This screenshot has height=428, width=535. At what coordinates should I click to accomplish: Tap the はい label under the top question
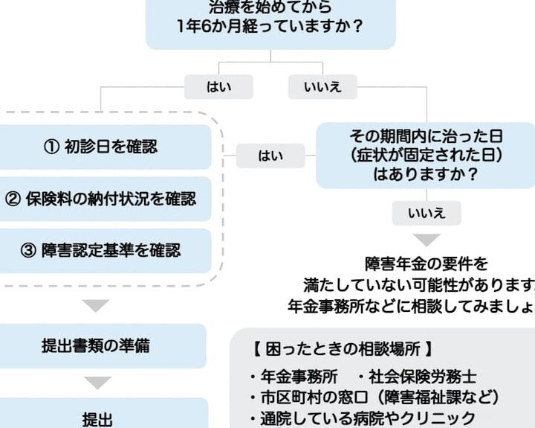(x=218, y=87)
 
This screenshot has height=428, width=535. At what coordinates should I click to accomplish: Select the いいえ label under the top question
(x=322, y=87)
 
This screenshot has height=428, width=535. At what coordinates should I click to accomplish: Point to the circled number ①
(x=51, y=147)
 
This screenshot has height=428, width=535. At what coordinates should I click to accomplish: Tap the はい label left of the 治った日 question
(x=270, y=156)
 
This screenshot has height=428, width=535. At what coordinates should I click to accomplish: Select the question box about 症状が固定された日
(x=426, y=156)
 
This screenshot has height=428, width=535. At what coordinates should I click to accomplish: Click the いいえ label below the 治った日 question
(x=427, y=214)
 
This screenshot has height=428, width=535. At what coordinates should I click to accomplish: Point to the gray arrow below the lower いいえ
(x=427, y=240)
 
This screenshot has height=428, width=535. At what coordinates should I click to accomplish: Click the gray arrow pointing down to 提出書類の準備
(x=97, y=305)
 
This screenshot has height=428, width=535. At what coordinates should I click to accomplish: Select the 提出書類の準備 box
(x=97, y=346)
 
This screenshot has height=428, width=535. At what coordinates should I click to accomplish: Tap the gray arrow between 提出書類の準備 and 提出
(x=97, y=383)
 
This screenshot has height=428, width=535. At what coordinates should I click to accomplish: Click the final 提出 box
(x=97, y=417)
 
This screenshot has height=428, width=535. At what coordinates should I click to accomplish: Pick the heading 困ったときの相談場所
(x=342, y=348)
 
